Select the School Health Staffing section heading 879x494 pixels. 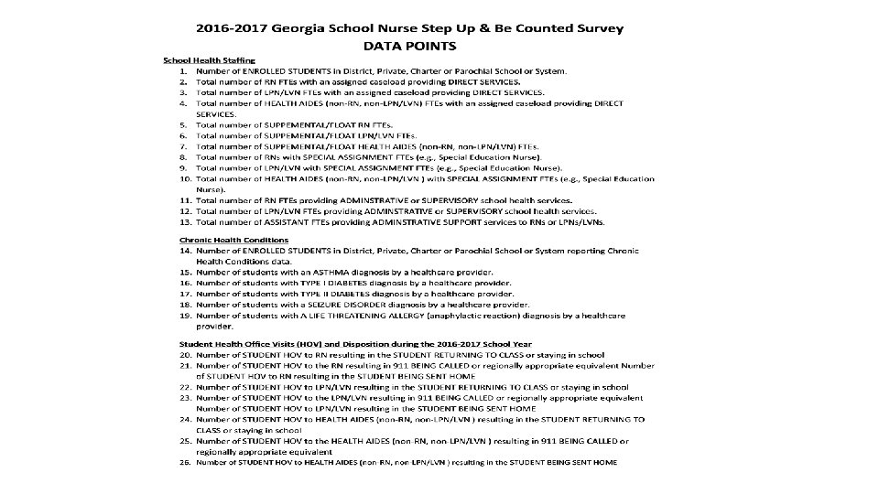tap(202, 59)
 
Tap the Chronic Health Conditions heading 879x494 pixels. tap(233, 241)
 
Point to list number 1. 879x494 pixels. tap(184, 70)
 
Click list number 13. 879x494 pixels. tap(184, 221)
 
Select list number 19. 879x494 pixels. tap(184, 315)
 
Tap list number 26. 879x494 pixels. tap(184, 462)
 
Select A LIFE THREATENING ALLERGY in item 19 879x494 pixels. tap(353, 315)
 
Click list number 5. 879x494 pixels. tap(184, 124)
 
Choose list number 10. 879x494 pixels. tap(184, 178)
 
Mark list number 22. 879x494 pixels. tap(184, 387)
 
